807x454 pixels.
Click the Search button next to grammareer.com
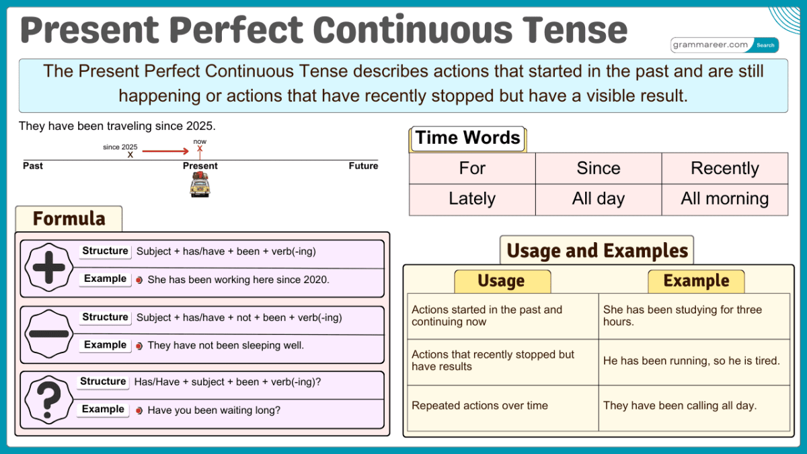pos(765,45)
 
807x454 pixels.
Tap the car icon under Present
pos(200,184)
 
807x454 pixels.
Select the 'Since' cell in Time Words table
pos(599,168)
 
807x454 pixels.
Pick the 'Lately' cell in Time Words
pos(472,199)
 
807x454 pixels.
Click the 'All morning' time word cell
pos(724,199)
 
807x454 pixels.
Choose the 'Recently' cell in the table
pos(724,168)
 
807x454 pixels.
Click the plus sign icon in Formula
pos(49,268)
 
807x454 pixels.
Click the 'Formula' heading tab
pos(69,219)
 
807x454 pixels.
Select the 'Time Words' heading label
pos(467,139)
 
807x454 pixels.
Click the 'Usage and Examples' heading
pos(597,251)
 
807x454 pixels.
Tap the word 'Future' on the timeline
pos(363,166)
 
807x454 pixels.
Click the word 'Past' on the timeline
pos(33,166)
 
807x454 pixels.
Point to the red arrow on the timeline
pos(165,151)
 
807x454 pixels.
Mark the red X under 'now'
pos(200,149)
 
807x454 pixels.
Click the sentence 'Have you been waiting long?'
pos(214,410)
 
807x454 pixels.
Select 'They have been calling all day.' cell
pos(680,406)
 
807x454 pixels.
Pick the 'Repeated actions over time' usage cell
pos(479,406)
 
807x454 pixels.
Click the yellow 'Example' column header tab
pos(696,281)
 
